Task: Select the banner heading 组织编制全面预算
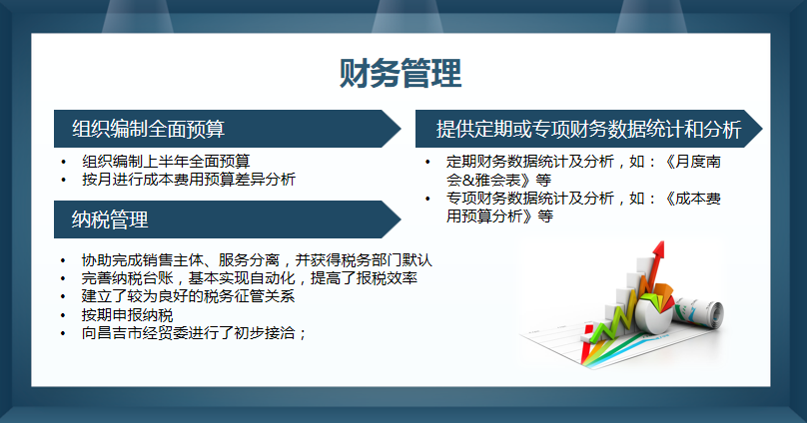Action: [148, 129]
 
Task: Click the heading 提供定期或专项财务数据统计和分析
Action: [588, 130]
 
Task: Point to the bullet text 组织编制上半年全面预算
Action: [166, 161]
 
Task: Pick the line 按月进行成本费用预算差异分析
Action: [189, 179]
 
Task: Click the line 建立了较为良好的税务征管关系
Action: [189, 296]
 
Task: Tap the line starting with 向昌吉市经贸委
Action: [194, 332]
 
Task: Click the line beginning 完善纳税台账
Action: [249, 278]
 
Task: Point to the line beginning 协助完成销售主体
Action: [257, 260]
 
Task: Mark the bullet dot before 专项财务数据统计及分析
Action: [426, 200]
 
